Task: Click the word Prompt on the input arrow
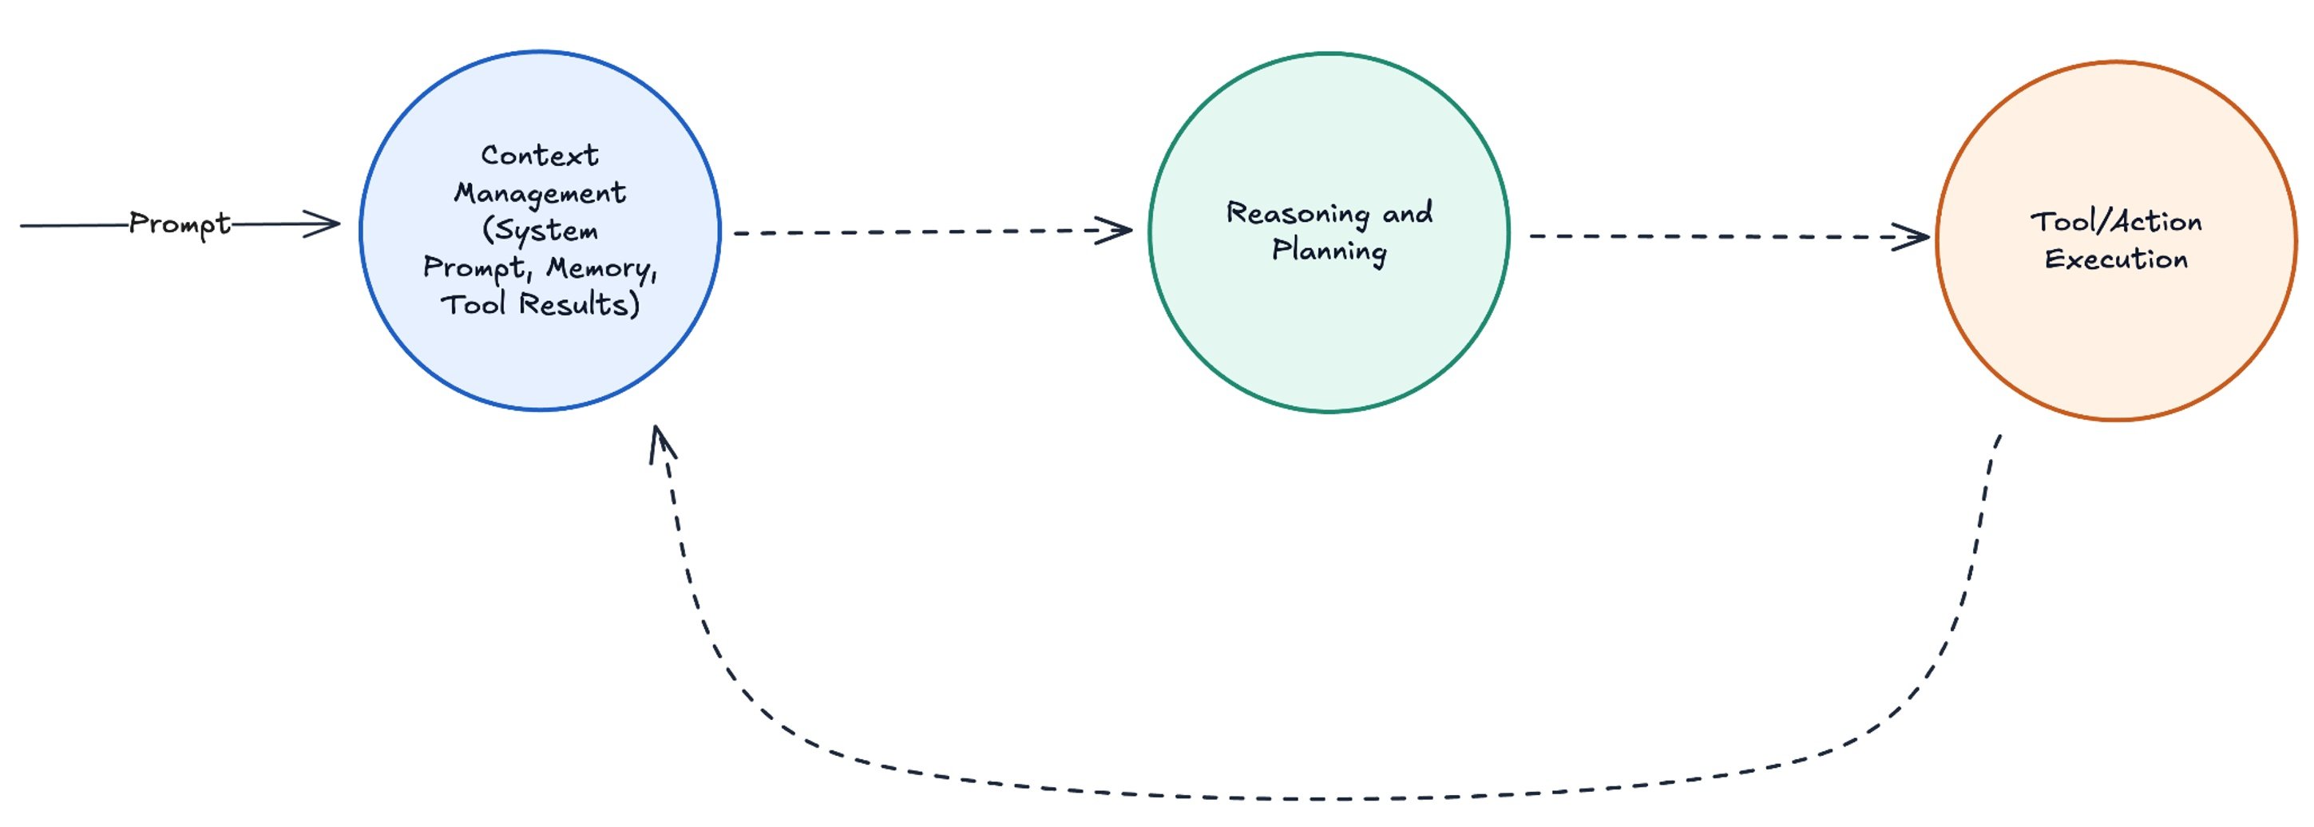pyautogui.click(x=180, y=224)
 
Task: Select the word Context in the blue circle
pyautogui.click(x=539, y=156)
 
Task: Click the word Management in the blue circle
pyautogui.click(x=539, y=193)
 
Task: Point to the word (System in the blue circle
pyautogui.click(x=539, y=231)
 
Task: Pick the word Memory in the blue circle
pyautogui.click(x=601, y=268)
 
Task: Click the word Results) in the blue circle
pyautogui.click(x=580, y=304)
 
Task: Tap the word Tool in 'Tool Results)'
pyautogui.click(x=473, y=304)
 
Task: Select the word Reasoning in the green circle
pyautogui.click(x=1297, y=214)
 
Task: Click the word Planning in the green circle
pyautogui.click(x=1329, y=251)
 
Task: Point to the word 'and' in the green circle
pyautogui.click(x=1407, y=213)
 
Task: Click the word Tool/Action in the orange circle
pyautogui.click(x=2115, y=222)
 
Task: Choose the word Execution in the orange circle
pyautogui.click(x=2115, y=259)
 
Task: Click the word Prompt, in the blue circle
pyautogui.click(x=477, y=268)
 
